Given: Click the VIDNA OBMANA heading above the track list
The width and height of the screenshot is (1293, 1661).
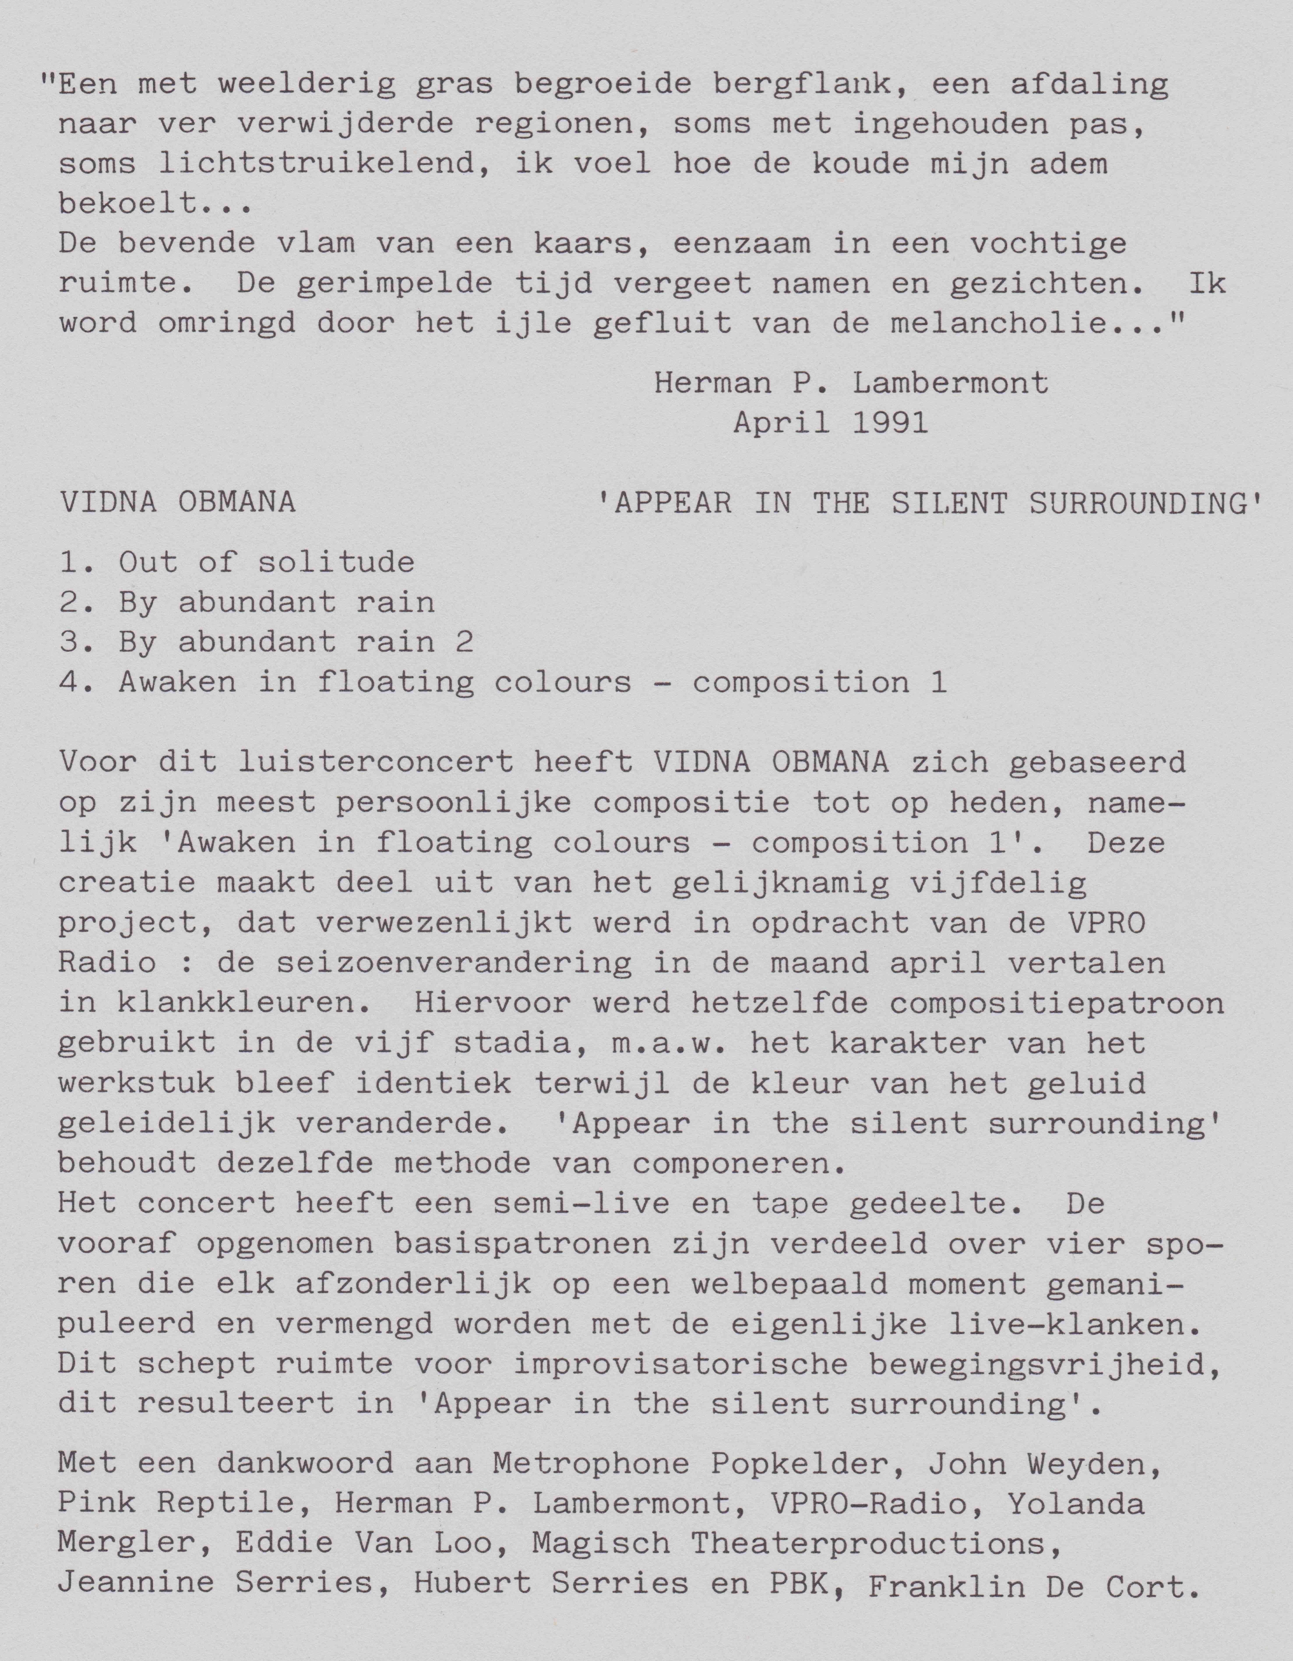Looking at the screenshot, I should click(x=178, y=503).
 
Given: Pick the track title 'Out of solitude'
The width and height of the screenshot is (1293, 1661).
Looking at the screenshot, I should click(x=266, y=563).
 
